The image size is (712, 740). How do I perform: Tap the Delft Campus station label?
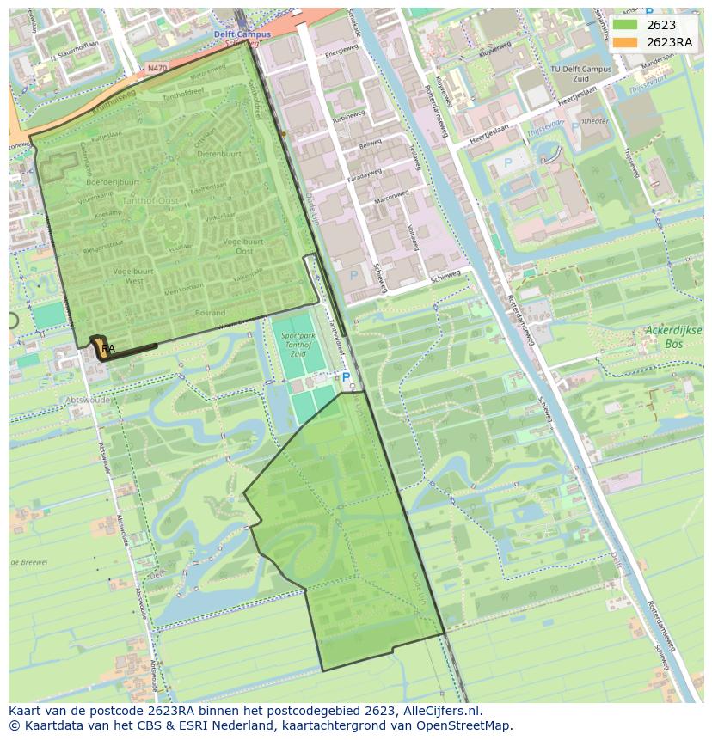click(242, 34)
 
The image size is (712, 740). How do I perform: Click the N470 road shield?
click(157, 67)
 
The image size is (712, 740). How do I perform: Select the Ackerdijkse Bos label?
click(673, 335)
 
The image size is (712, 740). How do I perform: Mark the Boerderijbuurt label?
click(113, 182)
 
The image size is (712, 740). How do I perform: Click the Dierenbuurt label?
click(219, 153)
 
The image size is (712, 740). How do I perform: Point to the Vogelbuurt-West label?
click(121, 275)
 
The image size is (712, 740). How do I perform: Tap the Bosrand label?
click(210, 313)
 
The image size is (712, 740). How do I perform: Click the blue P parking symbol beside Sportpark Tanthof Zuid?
click(346, 376)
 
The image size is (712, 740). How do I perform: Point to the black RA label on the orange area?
click(107, 349)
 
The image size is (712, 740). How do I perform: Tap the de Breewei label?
click(28, 561)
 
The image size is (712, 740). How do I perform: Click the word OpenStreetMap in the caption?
click(467, 725)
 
